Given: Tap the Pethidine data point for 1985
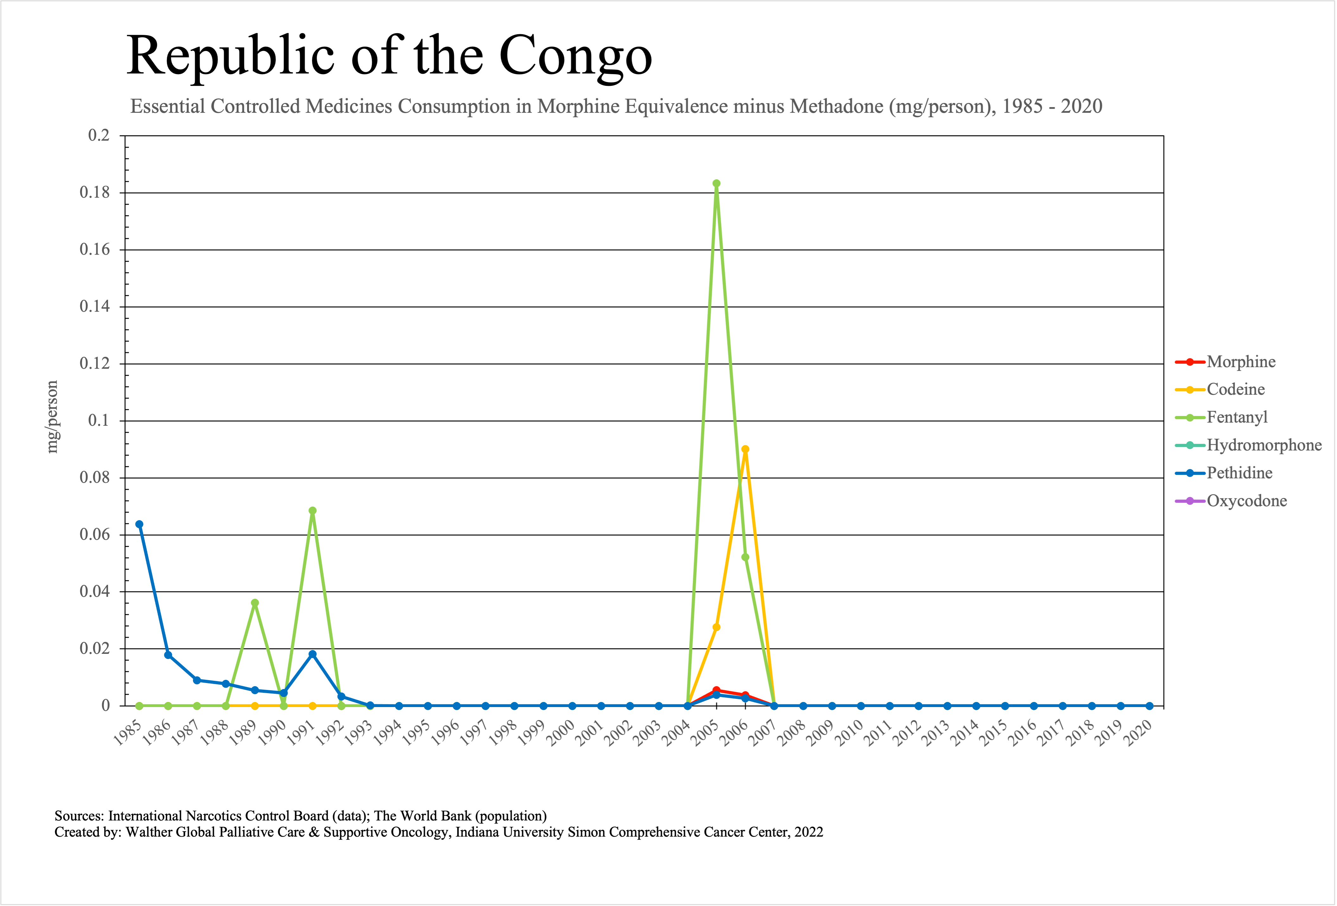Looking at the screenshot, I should (x=139, y=524).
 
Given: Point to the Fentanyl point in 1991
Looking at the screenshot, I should (x=312, y=511).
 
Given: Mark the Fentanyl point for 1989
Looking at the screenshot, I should (x=255, y=603).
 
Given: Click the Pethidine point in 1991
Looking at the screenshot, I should (x=312, y=654).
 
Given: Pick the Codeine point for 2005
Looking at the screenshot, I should (x=716, y=627).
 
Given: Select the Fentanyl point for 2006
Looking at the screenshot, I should (x=745, y=557).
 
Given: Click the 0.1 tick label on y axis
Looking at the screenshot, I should (x=99, y=420).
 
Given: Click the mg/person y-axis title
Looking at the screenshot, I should (x=52, y=417).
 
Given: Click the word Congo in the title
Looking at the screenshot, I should (x=575, y=56).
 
